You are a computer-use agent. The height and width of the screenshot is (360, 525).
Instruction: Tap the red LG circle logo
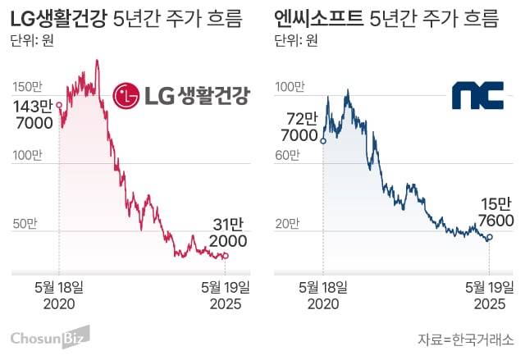click(126, 96)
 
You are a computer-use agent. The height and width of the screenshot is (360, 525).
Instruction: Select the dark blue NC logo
click(476, 95)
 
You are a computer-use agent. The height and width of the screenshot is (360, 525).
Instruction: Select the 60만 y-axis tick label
click(289, 155)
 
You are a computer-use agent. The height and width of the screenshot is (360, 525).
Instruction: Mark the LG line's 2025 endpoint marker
click(226, 256)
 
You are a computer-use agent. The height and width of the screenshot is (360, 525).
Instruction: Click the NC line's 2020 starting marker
click(323, 141)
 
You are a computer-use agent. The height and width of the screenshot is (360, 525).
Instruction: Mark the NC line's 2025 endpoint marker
click(490, 238)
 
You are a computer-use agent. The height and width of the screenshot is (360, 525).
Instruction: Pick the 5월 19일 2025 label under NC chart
click(490, 294)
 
